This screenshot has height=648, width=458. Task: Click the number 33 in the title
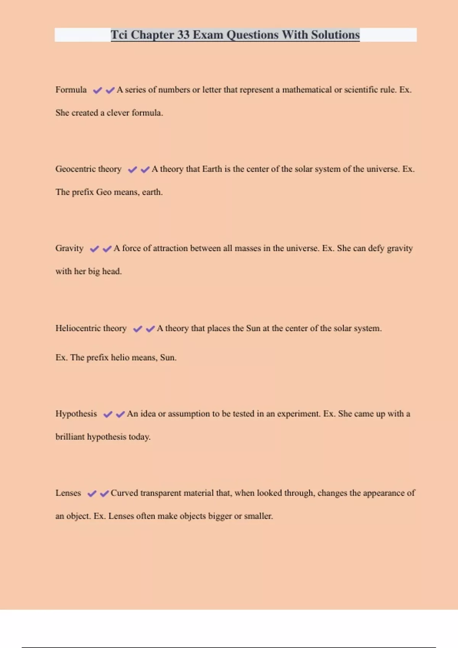(183, 35)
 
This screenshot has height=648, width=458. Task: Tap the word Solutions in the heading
(335, 35)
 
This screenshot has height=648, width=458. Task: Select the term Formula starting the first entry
(71, 90)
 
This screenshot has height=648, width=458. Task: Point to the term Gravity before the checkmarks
(69, 249)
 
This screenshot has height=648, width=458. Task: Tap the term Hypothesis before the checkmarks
(76, 414)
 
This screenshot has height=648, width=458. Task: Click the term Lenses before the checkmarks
(68, 493)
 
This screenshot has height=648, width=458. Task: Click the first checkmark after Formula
(98, 90)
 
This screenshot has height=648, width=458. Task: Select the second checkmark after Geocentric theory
(145, 170)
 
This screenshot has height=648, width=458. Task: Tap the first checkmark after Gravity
(94, 249)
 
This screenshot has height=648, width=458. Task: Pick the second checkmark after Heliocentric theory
(150, 329)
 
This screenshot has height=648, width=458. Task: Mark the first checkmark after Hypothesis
(108, 414)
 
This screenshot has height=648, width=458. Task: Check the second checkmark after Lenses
(104, 494)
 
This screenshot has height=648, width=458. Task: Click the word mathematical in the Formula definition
(307, 90)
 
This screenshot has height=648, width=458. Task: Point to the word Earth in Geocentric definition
(212, 169)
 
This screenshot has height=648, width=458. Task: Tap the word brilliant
(70, 437)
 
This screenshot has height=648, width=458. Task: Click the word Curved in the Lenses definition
(124, 493)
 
